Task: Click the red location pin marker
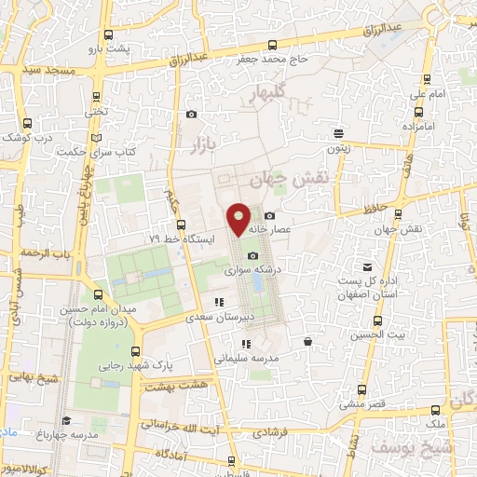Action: (x=238, y=218)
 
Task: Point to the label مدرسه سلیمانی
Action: (x=241, y=357)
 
